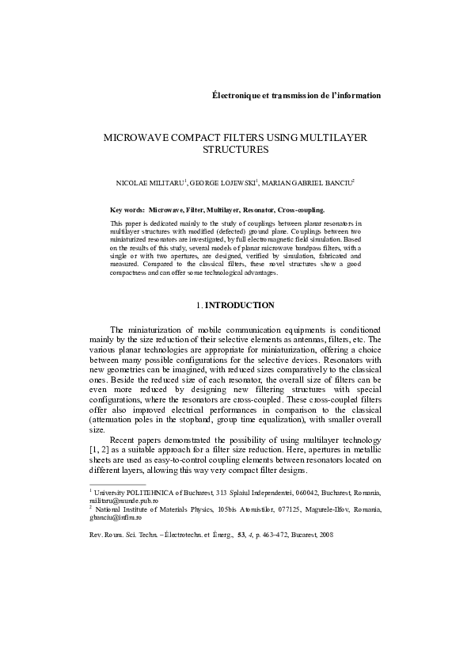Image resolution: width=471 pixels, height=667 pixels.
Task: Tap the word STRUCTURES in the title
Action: click(236, 148)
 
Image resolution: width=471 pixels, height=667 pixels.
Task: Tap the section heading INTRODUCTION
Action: click(239, 305)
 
